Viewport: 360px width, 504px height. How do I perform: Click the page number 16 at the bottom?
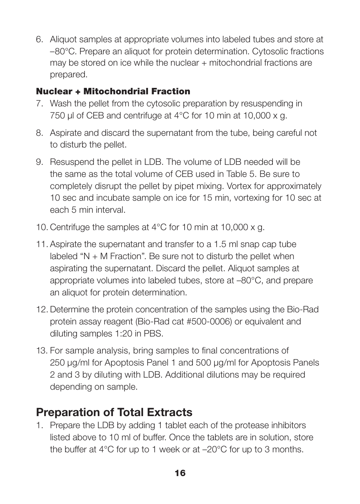pos(180,473)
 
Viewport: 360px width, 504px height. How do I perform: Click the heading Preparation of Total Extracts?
pos(114,412)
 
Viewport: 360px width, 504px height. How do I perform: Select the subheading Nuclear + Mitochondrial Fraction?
pos(113,91)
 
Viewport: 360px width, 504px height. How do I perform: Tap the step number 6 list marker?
pos(40,40)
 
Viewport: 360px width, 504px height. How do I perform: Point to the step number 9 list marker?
pos(40,162)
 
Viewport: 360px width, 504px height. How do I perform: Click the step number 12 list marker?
pos(42,310)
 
